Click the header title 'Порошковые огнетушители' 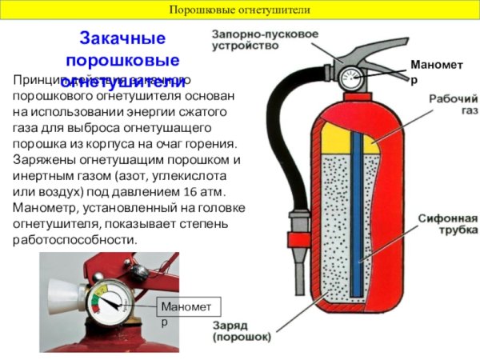point(240,10)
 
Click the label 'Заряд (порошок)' point(241,331)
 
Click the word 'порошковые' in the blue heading point(122,60)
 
